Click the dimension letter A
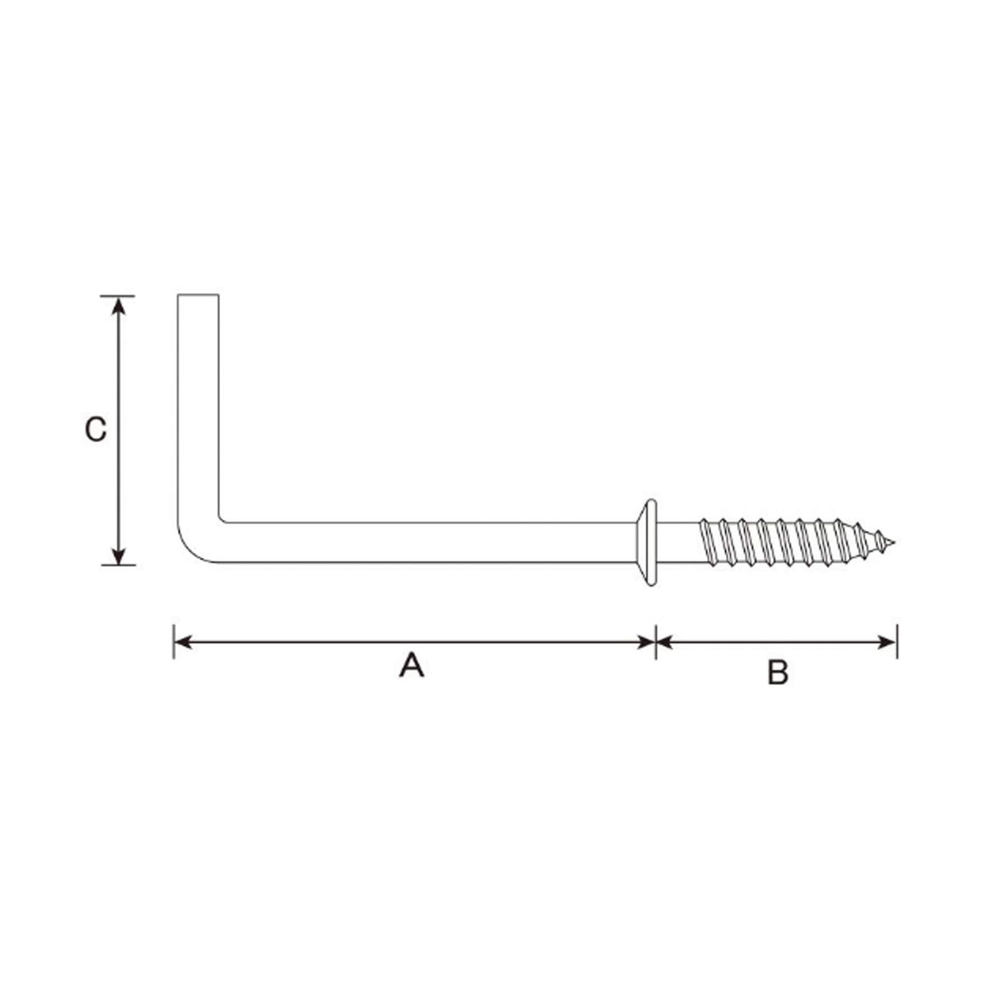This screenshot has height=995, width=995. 411,665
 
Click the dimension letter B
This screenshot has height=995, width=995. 777,672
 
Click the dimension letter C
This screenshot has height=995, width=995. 96,429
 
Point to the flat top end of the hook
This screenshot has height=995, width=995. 198,295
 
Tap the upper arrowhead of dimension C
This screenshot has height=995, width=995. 119,307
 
